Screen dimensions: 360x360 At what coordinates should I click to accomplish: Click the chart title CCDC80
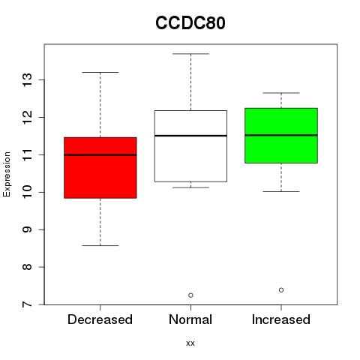tap(190, 23)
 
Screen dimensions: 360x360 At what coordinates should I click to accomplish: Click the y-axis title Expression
tap(7, 174)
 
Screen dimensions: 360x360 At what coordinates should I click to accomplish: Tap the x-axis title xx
tap(190, 343)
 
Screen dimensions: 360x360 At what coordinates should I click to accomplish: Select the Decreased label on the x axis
tap(100, 319)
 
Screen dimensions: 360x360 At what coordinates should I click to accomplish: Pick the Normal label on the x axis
tap(190, 319)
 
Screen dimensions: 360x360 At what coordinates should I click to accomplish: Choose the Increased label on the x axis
tap(281, 319)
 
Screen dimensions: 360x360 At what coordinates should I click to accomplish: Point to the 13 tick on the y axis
tap(27, 80)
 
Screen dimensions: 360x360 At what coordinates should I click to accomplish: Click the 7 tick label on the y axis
tap(27, 304)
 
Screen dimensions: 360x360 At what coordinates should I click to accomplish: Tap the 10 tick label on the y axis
tap(27, 192)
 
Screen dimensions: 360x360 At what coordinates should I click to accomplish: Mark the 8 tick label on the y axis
tap(27, 267)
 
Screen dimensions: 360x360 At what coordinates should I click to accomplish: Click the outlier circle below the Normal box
tap(190, 295)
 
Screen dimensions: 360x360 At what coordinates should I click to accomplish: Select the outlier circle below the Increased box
tap(281, 290)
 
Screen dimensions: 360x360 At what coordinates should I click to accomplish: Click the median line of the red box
tap(100, 155)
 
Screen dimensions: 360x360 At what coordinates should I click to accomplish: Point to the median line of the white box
tap(190, 136)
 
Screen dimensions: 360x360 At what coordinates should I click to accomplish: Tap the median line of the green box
tap(281, 135)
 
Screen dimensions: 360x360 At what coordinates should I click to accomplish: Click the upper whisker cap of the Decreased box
tap(100, 72)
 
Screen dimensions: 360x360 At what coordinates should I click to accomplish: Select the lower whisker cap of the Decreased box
tap(100, 245)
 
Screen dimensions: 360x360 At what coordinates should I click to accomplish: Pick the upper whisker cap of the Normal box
tap(190, 54)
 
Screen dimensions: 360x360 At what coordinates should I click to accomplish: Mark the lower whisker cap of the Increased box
tap(281, 191)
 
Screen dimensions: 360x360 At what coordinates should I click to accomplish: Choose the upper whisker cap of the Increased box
tap(281, 93)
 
